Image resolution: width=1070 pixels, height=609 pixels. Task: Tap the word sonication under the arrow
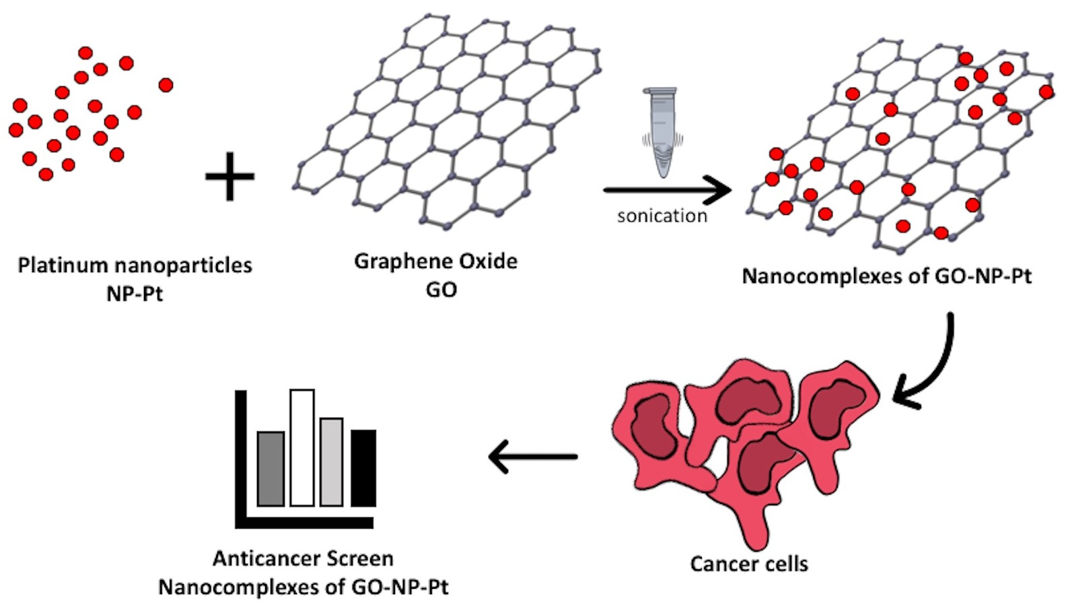[662, 216]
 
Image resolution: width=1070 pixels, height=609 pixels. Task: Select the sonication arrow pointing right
[666, 190]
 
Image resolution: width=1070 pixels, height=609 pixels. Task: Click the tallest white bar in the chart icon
[302, 447]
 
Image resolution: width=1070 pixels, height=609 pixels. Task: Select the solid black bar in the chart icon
[363, 468]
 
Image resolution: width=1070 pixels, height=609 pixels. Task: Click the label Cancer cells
[748, 563]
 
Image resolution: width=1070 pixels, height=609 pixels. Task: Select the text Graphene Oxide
[435, 261]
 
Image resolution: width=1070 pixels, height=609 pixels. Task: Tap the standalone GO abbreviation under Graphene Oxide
[441, 290]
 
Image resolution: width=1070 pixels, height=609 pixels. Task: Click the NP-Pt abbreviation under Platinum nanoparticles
[135, 294]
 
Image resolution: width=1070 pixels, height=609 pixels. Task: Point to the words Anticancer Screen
[303, 558]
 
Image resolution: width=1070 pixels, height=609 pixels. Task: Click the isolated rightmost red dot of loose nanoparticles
[166, 85]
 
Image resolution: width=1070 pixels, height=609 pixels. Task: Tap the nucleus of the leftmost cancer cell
[653, 424]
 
